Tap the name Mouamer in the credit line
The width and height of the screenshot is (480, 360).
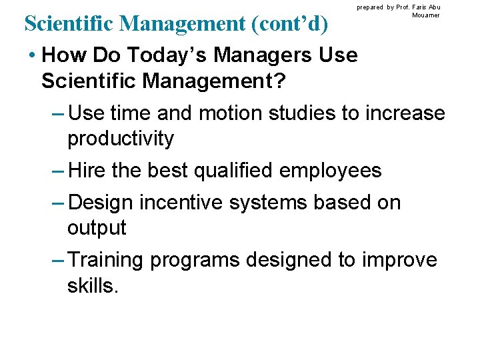tap(426, 15)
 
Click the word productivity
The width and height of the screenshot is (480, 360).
tap(121, 139)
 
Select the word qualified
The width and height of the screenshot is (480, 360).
tap(233, 171)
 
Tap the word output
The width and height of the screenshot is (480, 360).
tap(97, 227)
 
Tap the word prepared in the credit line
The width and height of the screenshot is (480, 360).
tap(369, 7)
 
